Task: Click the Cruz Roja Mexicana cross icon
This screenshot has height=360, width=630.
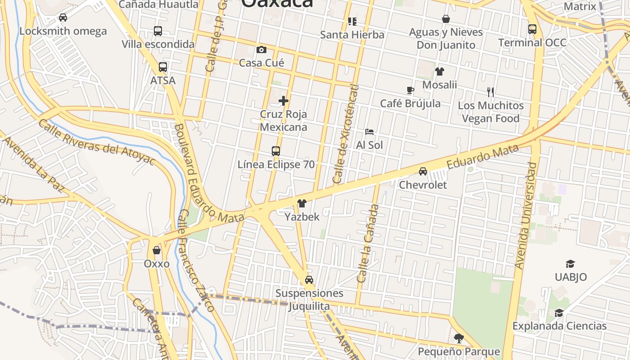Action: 283,100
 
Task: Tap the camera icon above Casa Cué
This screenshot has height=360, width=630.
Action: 261,49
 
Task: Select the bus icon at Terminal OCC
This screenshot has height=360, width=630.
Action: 532,29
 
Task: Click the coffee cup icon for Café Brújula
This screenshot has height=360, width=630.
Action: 410,90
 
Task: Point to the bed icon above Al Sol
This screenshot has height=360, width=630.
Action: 369,132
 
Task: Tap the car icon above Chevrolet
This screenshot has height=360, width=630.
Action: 423,171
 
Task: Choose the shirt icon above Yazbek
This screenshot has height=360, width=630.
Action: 302,203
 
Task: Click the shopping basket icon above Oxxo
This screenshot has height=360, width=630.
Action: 157,250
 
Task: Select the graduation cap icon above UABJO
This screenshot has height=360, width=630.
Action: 571,264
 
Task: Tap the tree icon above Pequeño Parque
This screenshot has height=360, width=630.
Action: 459,338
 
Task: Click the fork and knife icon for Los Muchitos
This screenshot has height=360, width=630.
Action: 490,92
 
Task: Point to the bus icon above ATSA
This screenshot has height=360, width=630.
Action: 163,67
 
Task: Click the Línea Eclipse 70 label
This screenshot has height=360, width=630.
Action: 276,165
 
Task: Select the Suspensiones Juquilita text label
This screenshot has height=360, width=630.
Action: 309,300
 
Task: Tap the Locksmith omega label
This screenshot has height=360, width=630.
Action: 63,31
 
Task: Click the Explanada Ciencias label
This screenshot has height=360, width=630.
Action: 559,326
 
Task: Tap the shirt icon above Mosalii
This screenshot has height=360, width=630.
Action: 440,72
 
